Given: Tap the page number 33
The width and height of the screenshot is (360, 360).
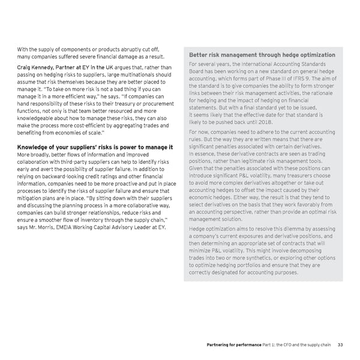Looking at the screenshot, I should (340, 344).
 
